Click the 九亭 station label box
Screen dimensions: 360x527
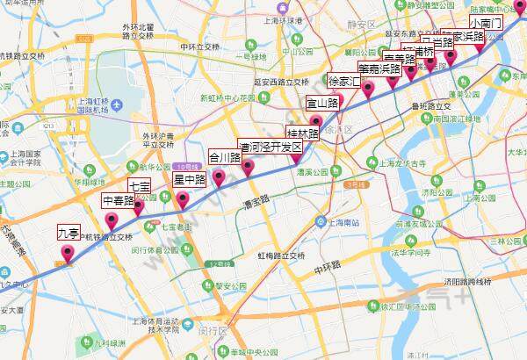click(x=69, y=233)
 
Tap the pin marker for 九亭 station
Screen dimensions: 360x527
click(x=69, y=254)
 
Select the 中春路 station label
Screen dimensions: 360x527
click(x=119, y=200)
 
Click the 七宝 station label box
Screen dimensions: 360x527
click(x=140, y=186)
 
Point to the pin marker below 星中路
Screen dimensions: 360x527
click(x=183, y=199)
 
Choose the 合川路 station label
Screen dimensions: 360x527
click(x=225, y=158)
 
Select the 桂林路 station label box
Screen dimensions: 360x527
click(x=303, y=133)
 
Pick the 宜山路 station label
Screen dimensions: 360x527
click(x=322, y=103)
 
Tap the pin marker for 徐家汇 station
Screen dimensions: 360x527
click(x=369, y=88)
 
